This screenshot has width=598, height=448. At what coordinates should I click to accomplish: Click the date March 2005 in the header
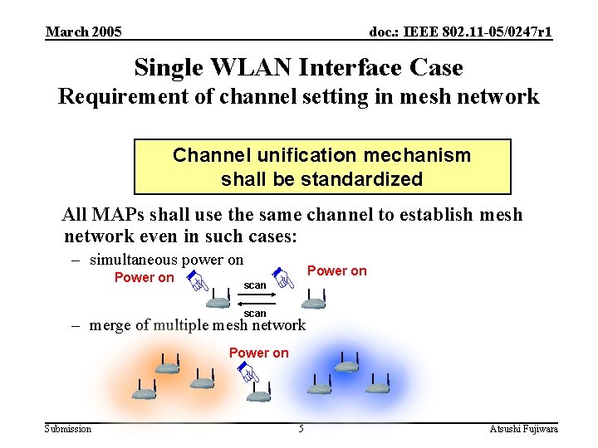83,32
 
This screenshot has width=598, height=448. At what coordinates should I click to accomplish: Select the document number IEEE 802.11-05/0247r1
460,32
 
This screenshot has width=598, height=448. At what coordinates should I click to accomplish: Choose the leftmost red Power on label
144,277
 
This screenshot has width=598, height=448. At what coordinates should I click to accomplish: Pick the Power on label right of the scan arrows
336,270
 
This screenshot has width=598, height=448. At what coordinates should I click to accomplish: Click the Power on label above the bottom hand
258,353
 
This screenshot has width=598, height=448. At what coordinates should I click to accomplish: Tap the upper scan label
255,285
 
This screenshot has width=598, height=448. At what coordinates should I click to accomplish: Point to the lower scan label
255,313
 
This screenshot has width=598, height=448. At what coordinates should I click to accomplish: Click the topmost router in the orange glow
167,366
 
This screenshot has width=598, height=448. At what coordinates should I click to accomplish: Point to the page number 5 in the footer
301,428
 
